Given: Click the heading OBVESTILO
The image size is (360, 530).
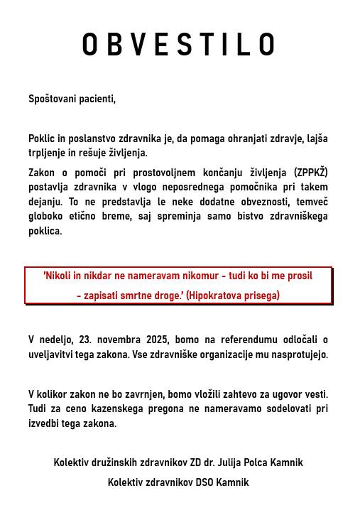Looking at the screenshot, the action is coord(179,45).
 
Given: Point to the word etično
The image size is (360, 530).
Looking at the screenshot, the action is coord(87,216).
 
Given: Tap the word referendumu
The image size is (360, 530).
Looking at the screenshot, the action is coord(237,340).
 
